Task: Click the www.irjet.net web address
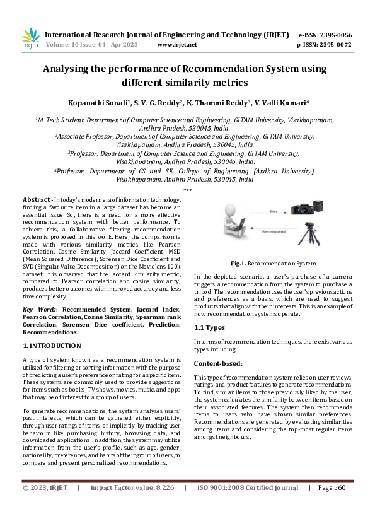pyautogui.click(x=177, y=45)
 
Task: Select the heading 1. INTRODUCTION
pyautogui.click(x=51, y=346)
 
